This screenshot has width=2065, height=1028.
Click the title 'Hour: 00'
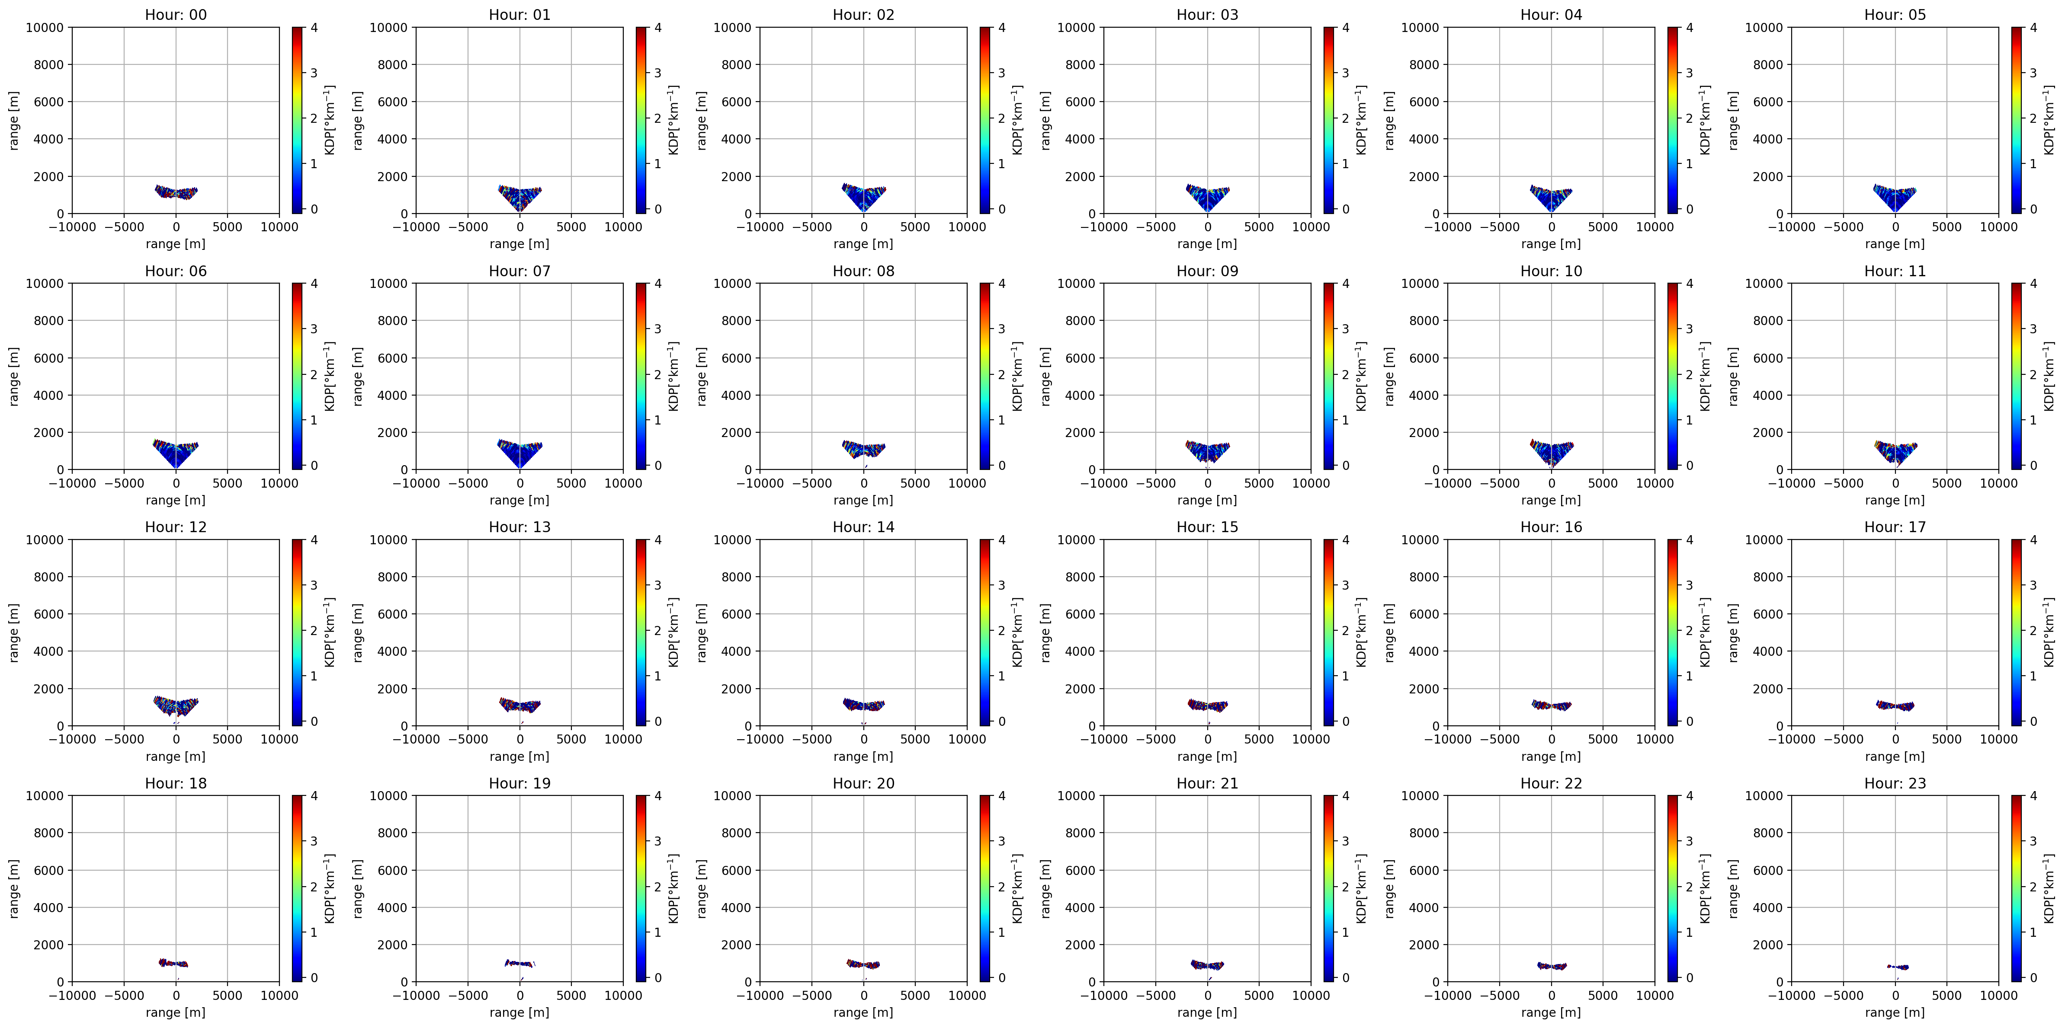click(x=176, y=14)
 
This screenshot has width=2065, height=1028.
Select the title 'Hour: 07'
click(x=519, y=271)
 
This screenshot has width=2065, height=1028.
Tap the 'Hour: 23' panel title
click(x=1895, y=783)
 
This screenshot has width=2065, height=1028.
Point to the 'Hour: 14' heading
click(x=863, y=527)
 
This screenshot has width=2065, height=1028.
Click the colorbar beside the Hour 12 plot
click(x=297, y=632)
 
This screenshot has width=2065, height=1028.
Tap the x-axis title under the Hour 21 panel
click(x=1207, y=1012)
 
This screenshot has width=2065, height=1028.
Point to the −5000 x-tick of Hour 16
click(x=1499, y=739)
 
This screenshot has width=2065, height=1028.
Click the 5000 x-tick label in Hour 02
click(x=915, y=227)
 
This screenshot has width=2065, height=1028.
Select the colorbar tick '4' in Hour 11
click(x=2033, y=284)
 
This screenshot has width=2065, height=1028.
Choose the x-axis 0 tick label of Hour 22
click(x=1551, y=995)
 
